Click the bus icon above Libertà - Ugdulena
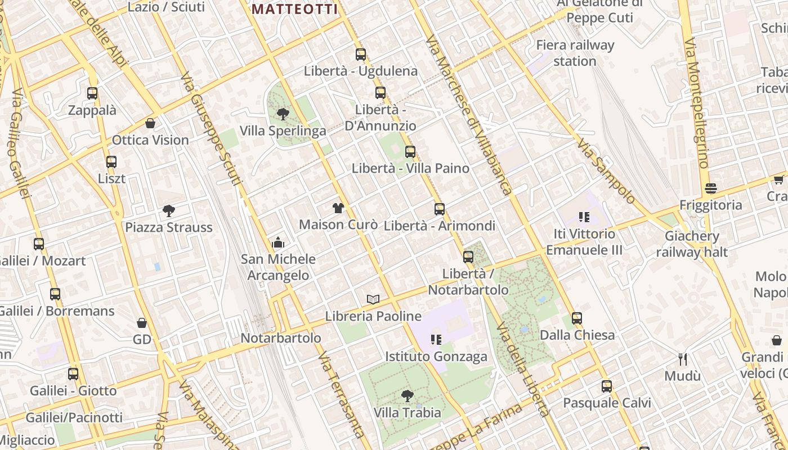click(361, 55)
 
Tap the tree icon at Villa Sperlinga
click(283, 114)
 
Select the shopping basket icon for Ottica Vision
click(150, 123)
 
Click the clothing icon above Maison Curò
click(338, 208)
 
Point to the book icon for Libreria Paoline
click(373, 299)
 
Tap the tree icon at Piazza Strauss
click(168, 211)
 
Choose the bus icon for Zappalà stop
click(92, 93)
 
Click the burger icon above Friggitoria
click(711, 188)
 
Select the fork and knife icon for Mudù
click(683, 359)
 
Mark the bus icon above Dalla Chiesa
click(577, 318)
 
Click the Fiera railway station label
click(575, 53)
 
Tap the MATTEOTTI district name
click(295, 9)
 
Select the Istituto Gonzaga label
click(436, 357)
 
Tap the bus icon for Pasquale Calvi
click(607, 386)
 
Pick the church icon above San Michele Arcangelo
click(278, 242)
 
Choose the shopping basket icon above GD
click(142, 323)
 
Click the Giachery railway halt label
click(692, 244)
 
